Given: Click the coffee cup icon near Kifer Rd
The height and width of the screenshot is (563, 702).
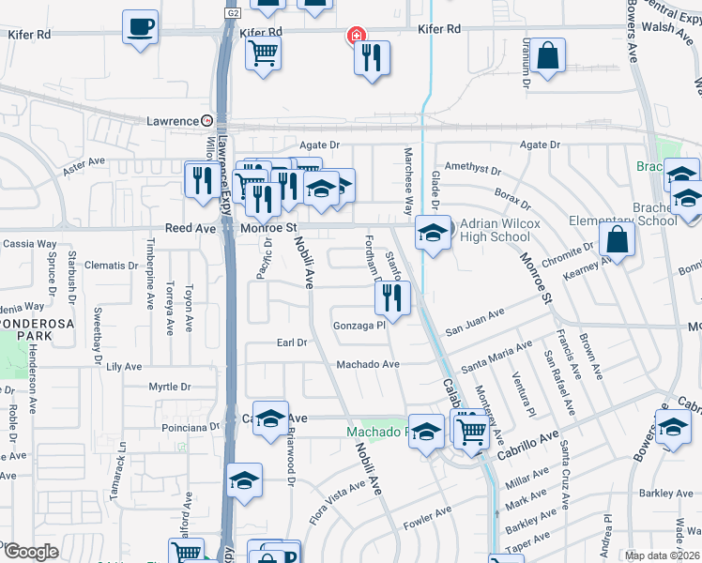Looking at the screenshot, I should (140, 27).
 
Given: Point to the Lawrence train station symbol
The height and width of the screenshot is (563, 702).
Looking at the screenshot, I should (206, 121).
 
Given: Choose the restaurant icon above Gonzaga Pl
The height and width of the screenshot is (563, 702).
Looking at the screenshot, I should (391, 298).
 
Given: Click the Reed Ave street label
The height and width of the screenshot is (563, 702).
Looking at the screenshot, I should (191, 228).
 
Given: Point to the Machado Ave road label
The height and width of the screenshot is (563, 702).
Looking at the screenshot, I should (368, 364).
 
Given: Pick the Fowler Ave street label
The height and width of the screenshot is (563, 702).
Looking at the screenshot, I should (428, 516).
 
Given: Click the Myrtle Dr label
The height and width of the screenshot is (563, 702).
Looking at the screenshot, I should (170, 387).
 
